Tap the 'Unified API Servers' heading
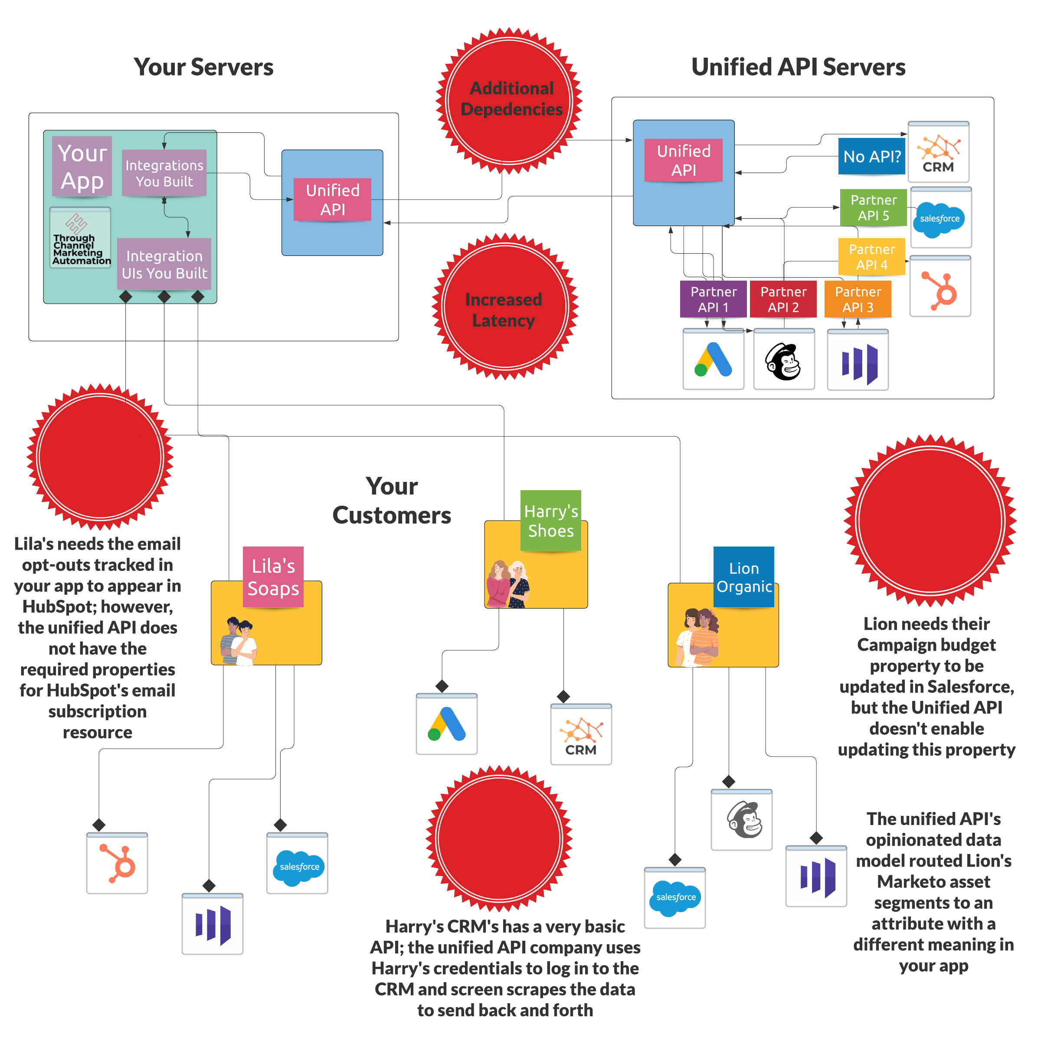(x=798, y=67)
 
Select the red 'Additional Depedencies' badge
(x=510, y=100)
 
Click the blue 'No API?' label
(x=871, y=156)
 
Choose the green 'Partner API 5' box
(x=873, y=207)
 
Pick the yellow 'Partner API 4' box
(x=871, y=257)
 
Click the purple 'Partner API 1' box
(x=714, y=299)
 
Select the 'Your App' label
(x=82, y=167)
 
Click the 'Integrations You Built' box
(x=164, y=173)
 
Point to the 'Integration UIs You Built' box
(x=164, y=264)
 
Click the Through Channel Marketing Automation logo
(x=80, y=238)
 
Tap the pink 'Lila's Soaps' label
(x=273, y=576)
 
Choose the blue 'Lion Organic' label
(x=743, y=576)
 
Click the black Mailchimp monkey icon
(x=783, y=361)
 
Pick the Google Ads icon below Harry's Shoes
(x=446, y=725)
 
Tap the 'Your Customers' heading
(x=392, y=501)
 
